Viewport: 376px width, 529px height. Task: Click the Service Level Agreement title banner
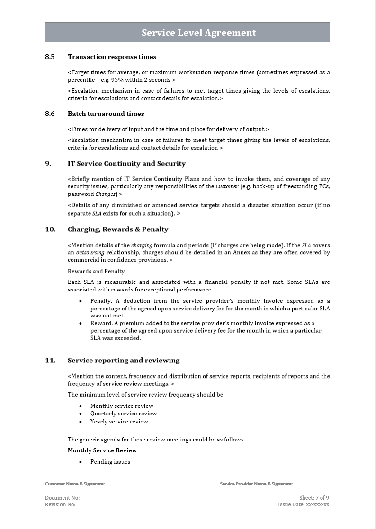pos(198,33)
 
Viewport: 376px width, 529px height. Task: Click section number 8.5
pos(50,57)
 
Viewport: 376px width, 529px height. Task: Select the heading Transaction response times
pos(112,57)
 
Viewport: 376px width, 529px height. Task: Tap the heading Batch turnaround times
pos(106,114)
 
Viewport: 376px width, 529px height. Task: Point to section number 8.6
pos(50,114)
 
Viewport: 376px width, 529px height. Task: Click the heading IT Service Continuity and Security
pos(126,164)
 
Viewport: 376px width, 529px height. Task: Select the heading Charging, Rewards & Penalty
pos(118,229)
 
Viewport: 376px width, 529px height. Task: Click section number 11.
pos(50,361)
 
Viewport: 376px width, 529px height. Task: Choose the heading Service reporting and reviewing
pos(124,361)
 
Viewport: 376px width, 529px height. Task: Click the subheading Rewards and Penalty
pos(96,272)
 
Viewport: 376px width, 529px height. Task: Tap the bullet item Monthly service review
pos(122,406)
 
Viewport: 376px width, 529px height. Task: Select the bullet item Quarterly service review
pos(124,414)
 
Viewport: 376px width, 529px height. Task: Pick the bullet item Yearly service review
pos(119,422)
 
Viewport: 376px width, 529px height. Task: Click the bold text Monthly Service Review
pos(102,450)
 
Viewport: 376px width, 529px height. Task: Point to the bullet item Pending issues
pos(110,462)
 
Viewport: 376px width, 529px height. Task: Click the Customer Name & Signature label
pos(75,484)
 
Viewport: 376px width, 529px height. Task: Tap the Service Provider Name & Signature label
pos(256,484)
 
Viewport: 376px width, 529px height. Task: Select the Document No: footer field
pos(62,498)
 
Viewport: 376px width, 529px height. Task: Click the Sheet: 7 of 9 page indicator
pos(314,498)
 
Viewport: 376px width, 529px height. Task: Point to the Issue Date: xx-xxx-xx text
pos(304,504)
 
